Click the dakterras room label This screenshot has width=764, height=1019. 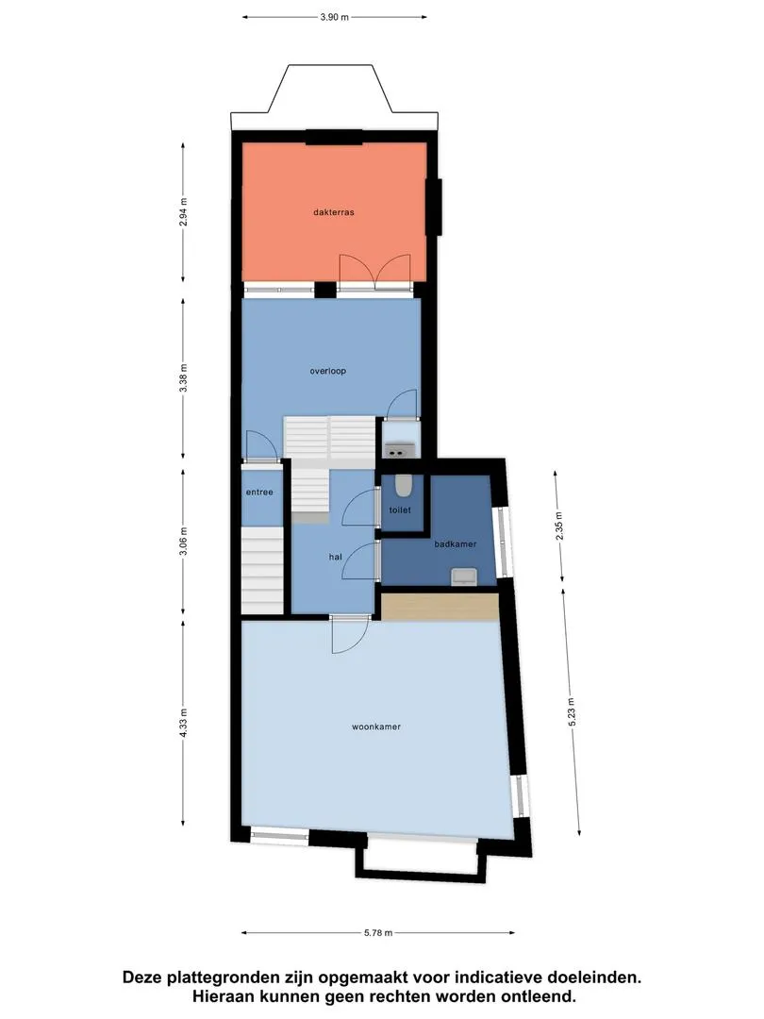pos(333,212)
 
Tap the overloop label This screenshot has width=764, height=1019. pos(327,371)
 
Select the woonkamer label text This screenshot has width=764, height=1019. pos(376,727)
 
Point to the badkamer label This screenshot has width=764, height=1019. pos(455,544)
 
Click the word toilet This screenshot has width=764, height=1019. pos(400,510)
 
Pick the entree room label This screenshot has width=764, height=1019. pos(259,492)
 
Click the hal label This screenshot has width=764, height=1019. pos(335,557)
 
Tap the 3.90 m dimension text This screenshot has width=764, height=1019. pos(335,18)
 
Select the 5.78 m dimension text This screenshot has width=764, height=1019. pos(378,932)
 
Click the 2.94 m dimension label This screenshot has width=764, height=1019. pos(183,212)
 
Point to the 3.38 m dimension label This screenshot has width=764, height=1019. pos(183,377)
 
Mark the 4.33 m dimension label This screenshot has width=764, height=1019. pos(183,723)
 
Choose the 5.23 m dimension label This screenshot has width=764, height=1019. pos(571,711)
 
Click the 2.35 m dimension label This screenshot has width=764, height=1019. pos(558,526)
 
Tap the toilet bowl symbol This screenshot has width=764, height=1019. pos(403,485)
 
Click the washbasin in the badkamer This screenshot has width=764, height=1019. pos(464,576)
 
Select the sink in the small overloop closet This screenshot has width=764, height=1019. pos(400,449)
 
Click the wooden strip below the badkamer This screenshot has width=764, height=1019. pos(440,607)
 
